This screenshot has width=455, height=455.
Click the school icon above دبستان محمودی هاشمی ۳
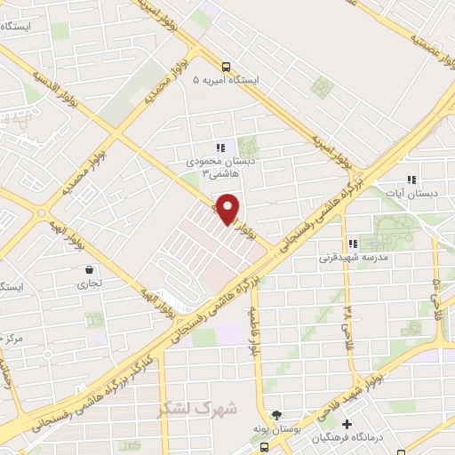tap(220, 148)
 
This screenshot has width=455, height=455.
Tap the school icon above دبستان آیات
tap(411, 179)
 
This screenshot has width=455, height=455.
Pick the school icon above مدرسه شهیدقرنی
tap(353, 243)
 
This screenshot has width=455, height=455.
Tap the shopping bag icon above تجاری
tap(89, 269)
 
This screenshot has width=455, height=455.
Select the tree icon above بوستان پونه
tap(276, 415)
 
